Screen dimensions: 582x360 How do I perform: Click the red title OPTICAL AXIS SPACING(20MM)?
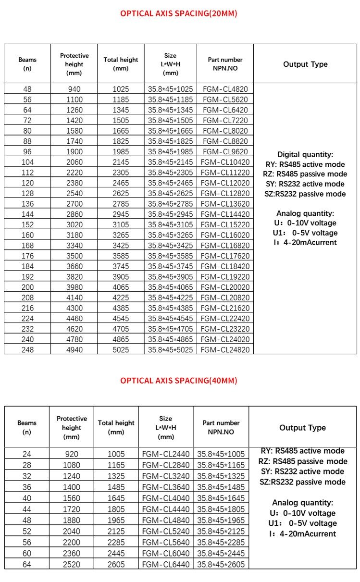(x=178, y=13)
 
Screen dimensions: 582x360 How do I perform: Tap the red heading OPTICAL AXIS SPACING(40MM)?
(x=178, y=381)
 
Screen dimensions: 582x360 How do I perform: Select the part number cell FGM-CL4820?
(x=225, y=89)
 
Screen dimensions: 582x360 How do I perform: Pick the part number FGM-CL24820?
(x=225, y=349)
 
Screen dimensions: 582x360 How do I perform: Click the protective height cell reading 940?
(x=74, y=89)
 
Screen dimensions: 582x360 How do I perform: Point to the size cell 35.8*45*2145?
(x=170, y=162)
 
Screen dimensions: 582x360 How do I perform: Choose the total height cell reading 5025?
(x=121, y=349)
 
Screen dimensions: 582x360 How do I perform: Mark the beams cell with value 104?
(x=27, y=162)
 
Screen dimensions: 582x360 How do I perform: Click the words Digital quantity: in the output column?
(x=305, y=155)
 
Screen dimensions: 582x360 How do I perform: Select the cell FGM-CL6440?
(x=166, y=564)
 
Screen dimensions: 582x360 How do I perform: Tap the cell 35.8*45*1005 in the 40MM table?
(x=221, y=454)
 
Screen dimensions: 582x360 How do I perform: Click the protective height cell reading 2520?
(x=72, y=564)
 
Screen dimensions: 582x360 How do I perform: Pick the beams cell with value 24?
(x=27, y=454)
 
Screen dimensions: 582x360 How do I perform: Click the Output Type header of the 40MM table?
(x=302, y=428)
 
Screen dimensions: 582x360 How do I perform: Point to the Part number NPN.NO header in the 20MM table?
(x=225, y=64)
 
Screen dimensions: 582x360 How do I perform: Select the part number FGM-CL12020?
(x=225, y=183)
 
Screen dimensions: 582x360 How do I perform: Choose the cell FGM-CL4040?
(x=166, y=498)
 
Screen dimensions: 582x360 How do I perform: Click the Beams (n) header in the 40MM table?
(x=27, y=427)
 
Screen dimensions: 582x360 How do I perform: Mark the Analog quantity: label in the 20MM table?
(x=305, y=213)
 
